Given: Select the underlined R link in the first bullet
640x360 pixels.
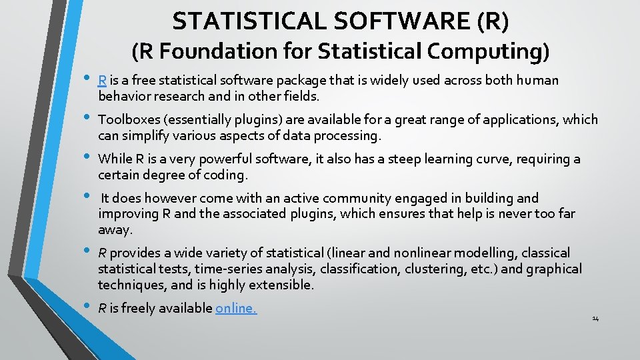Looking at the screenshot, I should click(x=102, y=81).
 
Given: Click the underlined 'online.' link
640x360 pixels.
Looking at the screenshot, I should click(x=236, y=308).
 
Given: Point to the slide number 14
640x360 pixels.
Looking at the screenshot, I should click(x=595, y=319).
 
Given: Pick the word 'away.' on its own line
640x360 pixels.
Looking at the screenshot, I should click(x=115, y=230).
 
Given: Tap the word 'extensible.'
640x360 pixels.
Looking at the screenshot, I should click(x=281, y=285).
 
